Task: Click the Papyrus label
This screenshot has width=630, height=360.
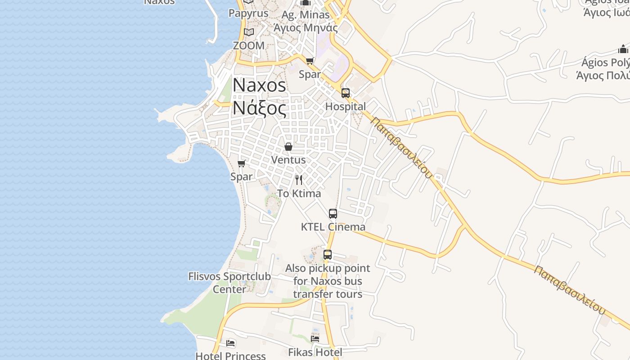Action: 248,13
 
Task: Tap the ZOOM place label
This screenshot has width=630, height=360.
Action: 249,45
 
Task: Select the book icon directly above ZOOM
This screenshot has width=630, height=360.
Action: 249,32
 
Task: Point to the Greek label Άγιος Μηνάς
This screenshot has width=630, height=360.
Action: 306,27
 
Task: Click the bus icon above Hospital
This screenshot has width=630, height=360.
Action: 346,93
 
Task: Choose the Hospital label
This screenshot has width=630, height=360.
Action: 346,107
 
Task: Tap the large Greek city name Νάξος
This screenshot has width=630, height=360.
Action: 259,108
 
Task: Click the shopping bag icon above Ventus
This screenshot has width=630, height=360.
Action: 288,147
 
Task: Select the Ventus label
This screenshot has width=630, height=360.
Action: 288,160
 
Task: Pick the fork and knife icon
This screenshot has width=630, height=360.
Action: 299,180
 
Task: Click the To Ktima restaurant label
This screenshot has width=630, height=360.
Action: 299,193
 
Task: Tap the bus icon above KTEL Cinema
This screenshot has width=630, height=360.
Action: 333,214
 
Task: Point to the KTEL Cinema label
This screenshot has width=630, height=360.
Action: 333,227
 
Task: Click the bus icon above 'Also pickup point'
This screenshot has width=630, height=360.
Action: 328,255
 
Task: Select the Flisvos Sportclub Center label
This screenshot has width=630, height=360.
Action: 229,283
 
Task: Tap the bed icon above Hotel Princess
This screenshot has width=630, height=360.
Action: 231,343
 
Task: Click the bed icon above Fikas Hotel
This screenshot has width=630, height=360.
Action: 315,338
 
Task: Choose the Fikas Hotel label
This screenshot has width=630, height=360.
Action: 315,352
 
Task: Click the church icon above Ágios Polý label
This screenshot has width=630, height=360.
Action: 623,49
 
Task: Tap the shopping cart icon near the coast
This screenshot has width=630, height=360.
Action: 242,163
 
